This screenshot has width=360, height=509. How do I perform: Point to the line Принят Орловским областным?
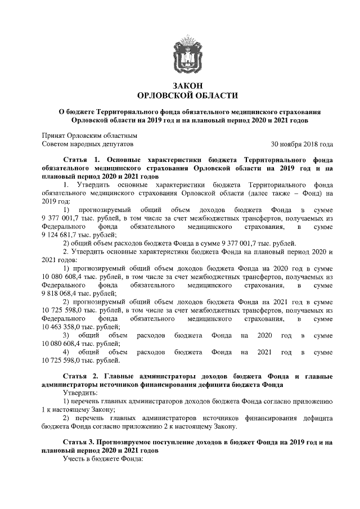[x=89, y=135]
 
